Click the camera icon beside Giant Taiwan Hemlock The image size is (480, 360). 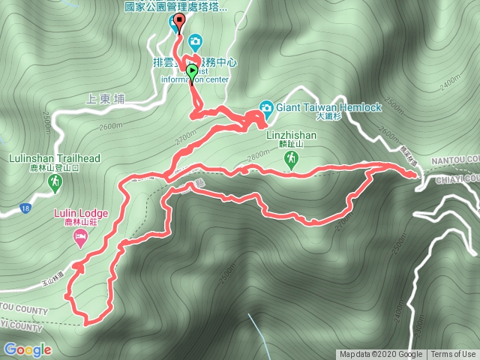click(x=266, y=107)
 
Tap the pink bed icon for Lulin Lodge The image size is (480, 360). click(x=79, y=238)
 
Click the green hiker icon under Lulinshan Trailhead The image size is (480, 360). click(x=55, y=181)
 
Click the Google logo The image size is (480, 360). click(x=27, y=349)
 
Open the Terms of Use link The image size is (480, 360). click(x=453, y=355)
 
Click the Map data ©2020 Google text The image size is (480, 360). click(x=380, y=355)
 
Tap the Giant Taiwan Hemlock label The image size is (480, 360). click(x=328, y=107)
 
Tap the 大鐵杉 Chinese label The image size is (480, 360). click(x=328, y=117)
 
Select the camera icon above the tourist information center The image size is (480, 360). click(x=196, y=40)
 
